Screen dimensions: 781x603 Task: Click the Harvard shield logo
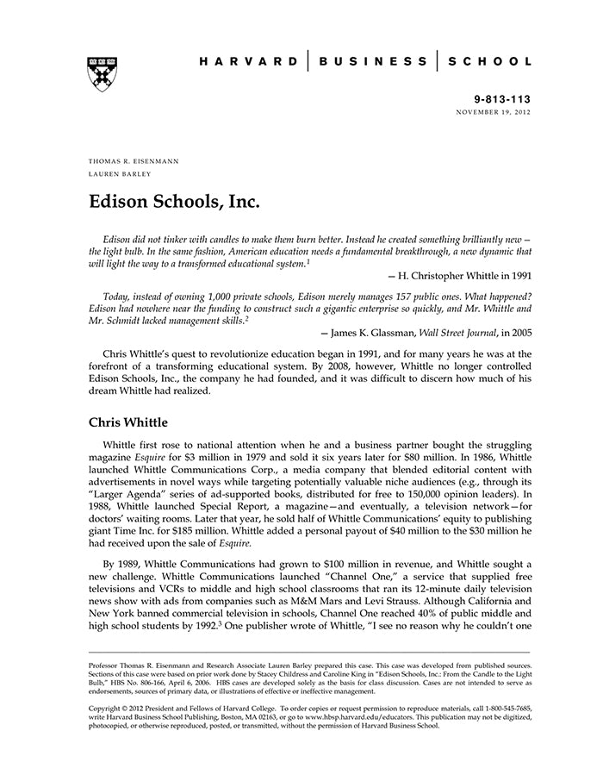(103, 75)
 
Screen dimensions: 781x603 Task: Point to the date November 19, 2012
(494, 113)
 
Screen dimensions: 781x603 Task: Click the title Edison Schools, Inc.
(174, 203)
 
